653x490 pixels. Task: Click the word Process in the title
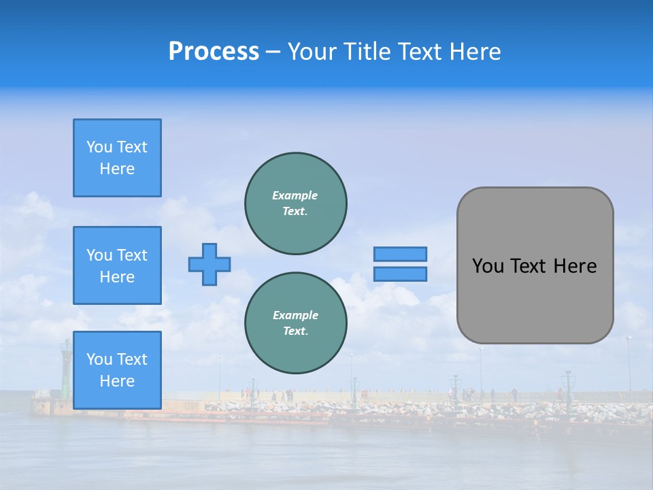click(214, 52)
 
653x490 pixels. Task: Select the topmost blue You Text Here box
click(117, 158)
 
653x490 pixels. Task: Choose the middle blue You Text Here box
click(117, 265)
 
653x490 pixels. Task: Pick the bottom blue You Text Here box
click(117, 370)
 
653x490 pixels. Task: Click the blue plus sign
click(210, 264)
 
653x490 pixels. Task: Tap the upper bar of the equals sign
click(400, 254)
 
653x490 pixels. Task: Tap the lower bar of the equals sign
click(400, 274)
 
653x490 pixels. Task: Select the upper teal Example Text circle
click(295, 203)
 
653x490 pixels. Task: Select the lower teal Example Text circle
click(295, 323)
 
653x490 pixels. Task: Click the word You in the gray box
click(488, 266)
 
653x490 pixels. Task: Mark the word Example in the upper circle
click(295, 195)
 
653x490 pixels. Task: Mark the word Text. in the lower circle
click(295, 331)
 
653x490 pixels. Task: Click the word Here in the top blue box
click(117, 169)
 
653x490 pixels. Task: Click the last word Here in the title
click(476, 52)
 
